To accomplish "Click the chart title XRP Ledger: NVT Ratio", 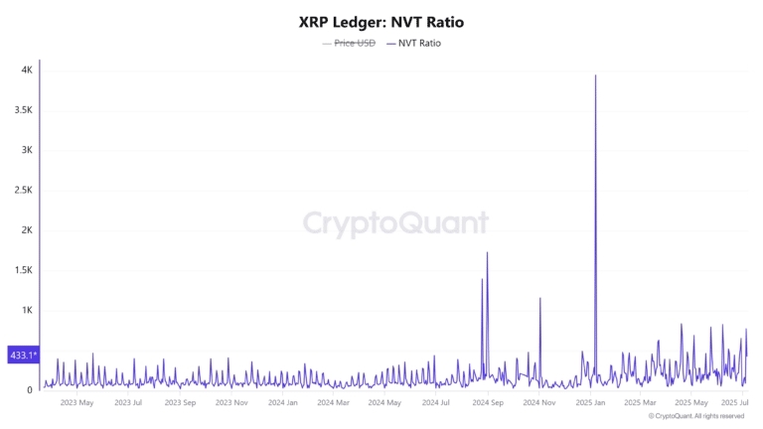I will (x=381, y=21).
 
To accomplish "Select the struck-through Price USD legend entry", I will (x=349, y=44).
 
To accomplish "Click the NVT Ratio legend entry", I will (x=413, y=44).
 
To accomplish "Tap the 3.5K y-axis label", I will (x=23, y=110).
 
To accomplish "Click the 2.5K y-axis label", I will (x=23, y=191).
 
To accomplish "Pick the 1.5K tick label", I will (x=23, y=270).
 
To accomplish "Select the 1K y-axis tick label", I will (x=27, y=310).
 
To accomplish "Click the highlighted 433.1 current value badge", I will (x=22, y=355).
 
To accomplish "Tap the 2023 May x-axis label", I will (x=76, y=402).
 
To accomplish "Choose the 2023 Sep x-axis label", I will (x=180, y=402).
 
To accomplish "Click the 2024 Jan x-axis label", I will (x=283, y=402).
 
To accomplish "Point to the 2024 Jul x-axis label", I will (x=436, y=402).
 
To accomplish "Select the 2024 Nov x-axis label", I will (x=538, y=402).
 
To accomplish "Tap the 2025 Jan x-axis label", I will (x=590, y=402).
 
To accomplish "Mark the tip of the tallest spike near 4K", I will (x=595, y=75).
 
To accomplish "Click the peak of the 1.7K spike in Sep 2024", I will (x=487, y=252).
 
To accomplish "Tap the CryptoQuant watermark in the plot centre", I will (x=395, y=222).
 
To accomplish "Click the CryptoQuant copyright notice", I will (x=696, y=417).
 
